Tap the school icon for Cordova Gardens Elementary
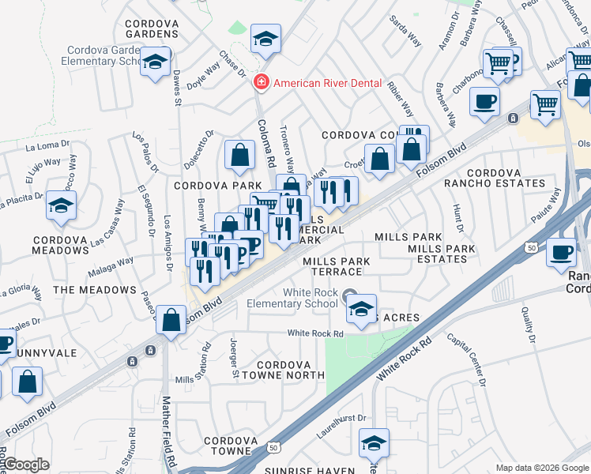point(155,62)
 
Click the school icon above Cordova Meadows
point(60,205)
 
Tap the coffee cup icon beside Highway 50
point(562,253)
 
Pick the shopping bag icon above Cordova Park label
point(239,156)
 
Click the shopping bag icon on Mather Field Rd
point(171,321)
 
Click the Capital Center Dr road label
point(467,358)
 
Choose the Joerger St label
point(235,359)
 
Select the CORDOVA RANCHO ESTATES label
point(506,178)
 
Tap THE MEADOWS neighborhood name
point(95,290)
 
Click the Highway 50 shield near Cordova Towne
point(273,447)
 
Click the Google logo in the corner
point(27,465)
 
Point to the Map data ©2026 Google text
point(541,468)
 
